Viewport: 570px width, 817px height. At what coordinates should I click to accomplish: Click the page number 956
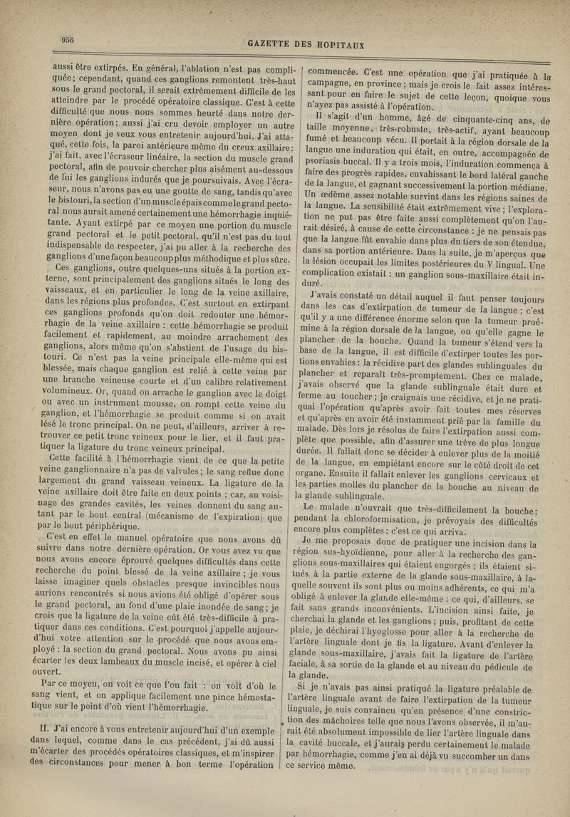pos(68,39)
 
